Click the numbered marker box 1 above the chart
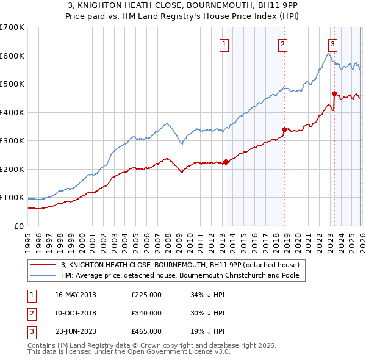point(224,44)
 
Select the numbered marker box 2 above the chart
point(283,44)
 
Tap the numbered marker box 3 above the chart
point(332,44)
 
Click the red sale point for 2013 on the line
point(226,162)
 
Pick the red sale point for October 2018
point(284,129)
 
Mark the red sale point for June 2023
point(334,93)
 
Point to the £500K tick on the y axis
point(12,84)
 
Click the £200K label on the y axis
point(12,169)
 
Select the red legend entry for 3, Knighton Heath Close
point(180,265)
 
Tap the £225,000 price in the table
point(146,295)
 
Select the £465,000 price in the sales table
point(146,331)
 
